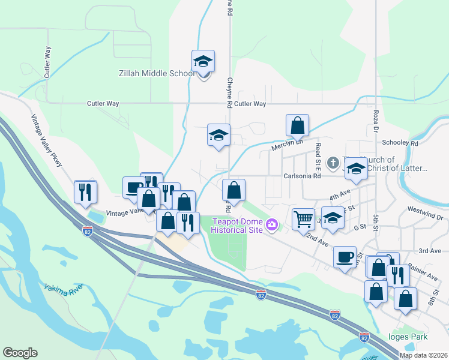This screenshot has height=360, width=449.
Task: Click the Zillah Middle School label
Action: point(155,74)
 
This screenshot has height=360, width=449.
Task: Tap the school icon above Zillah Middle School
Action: point(203,61)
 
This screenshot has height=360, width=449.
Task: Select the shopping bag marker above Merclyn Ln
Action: point(297,126)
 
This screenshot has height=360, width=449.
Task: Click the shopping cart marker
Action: point(304,219)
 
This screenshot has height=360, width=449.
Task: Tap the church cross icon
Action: point(333,163)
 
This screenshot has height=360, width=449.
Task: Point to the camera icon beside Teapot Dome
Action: point(273,225)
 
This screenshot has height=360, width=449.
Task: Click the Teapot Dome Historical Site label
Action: point(237,226)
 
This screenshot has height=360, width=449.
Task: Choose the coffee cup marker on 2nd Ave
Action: point(345,257)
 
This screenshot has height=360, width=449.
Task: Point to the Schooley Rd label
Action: point(400,143)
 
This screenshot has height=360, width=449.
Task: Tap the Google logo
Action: point(20,353)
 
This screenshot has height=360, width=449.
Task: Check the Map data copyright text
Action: point(423,355)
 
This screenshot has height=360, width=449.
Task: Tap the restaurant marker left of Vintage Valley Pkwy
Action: point(85,192)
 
